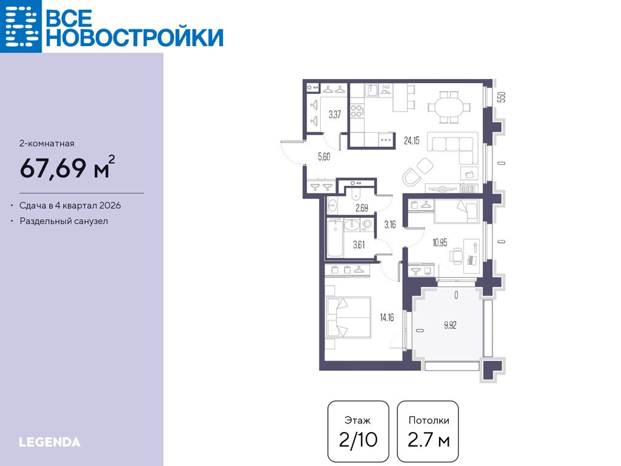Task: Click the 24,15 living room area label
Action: point(412,140)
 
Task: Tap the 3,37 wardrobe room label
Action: point(335,115)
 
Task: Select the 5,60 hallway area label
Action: point(324,157)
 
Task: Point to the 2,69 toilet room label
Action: point(361,208)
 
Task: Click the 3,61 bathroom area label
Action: point(359,245)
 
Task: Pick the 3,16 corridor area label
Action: point(390,225)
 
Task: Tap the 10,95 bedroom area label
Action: point(440,243)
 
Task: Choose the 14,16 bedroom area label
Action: point(387,317)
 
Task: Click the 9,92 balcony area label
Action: point(451,325)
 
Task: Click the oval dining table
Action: point(449,107)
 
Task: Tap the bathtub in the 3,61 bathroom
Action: point(335,238)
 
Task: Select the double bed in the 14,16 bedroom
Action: point(348,317)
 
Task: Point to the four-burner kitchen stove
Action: point(357,110)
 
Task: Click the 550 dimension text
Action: point(502,97)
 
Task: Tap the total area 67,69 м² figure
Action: point(68,167)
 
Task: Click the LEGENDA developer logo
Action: point(50,442)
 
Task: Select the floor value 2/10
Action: point(358,440)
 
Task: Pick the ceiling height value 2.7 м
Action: point(429,440)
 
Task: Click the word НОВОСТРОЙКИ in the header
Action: point(135,38)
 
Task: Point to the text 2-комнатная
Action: point(47,143)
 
